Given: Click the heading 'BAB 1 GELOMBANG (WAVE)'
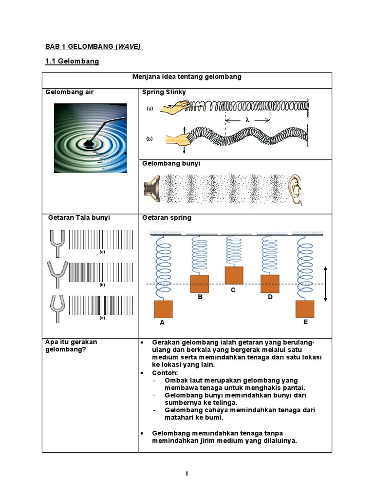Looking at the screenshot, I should tap(93, 46).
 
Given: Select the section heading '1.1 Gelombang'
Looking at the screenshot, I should tap(72, 61).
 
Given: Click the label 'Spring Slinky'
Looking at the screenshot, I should tap(164, 92).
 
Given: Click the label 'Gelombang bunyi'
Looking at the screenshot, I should tap(171, 164).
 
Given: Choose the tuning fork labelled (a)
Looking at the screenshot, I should tap(57, 243).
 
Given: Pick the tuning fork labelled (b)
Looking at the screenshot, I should tap(56, 275).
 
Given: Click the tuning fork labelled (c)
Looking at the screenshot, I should tap(57, 308).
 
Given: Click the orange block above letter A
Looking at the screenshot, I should tap(163, 309).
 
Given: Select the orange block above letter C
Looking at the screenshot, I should tap(234, 275).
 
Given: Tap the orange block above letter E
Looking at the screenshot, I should tap(305, 309).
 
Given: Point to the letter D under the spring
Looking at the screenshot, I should tap(270, 297).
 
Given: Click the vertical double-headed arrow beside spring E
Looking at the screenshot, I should tap(325, 284).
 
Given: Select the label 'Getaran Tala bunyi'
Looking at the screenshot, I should tap(79, 218).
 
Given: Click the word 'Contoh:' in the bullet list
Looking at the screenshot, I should tap(165, 373).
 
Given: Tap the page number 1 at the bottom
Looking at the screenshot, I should tap(187, 474).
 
